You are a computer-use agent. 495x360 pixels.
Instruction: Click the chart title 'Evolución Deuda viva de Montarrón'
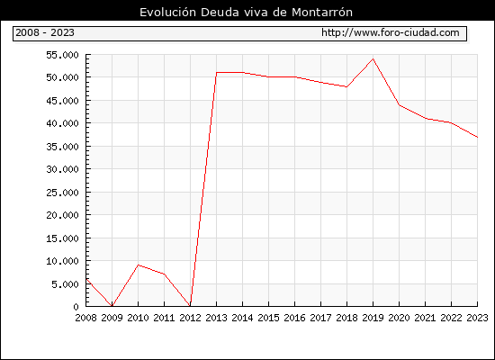tap(246, 13)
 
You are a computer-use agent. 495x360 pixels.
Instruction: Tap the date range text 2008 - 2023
tap(45, 32)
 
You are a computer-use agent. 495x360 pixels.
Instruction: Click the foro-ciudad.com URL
tap(391, 32)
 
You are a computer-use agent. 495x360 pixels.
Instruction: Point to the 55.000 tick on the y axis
tap(62, 55)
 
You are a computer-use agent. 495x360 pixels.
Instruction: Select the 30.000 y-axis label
tap(62, 169)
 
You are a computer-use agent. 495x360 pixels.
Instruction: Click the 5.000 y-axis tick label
tap(65, 284)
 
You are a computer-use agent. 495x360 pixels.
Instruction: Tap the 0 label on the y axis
tap(76, 307)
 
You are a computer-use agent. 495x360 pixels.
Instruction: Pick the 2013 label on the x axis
tap(216, 318)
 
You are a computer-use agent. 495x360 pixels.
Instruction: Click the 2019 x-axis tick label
tap(373, 318)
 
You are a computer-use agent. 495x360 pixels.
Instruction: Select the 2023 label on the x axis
tap(477, 318)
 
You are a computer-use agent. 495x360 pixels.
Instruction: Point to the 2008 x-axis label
tap(85, 318)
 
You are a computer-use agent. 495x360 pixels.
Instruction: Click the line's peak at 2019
tap(373, 58)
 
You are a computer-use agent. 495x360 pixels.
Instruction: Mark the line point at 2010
tap(139, 265)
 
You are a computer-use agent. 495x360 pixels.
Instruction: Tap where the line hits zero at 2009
tap(112, 306)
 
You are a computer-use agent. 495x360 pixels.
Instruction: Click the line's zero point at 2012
tap(191, 306)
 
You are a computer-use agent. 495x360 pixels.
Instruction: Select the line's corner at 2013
tap(216, 72)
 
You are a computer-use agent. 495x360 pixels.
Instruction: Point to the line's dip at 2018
tap(346, 86)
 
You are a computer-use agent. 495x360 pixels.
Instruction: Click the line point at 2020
tap(400, 104)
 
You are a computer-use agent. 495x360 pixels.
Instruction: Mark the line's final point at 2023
tap(477, 137)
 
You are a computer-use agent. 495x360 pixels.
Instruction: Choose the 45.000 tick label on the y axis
tap(62, 101)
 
